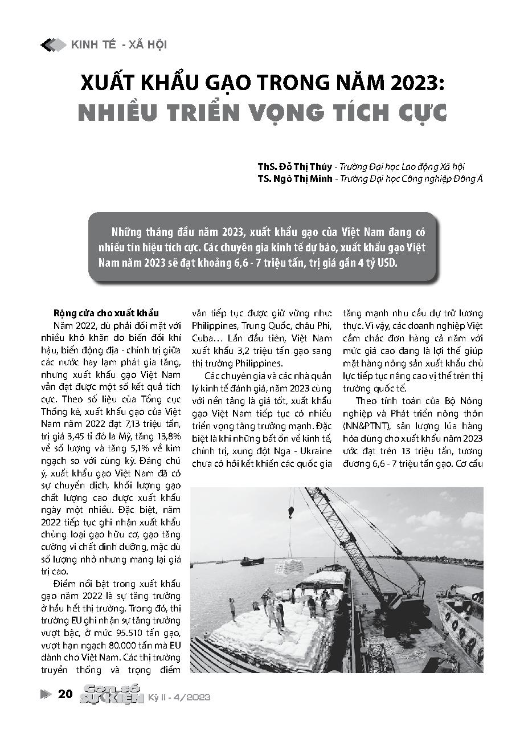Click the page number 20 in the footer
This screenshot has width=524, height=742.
click(65, 694)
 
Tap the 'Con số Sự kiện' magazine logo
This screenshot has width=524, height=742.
click(111, 694)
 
